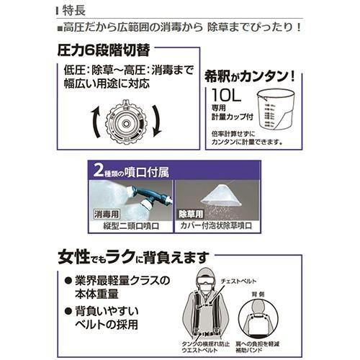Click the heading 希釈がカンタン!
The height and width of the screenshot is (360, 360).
tap(256, 76)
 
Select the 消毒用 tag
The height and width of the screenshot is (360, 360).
tap(106, 214)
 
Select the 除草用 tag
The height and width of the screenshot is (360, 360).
tap(191, 214)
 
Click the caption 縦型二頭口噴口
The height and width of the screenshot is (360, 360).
tap(130, 225)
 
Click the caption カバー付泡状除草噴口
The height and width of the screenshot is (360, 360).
tap(217, 225)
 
